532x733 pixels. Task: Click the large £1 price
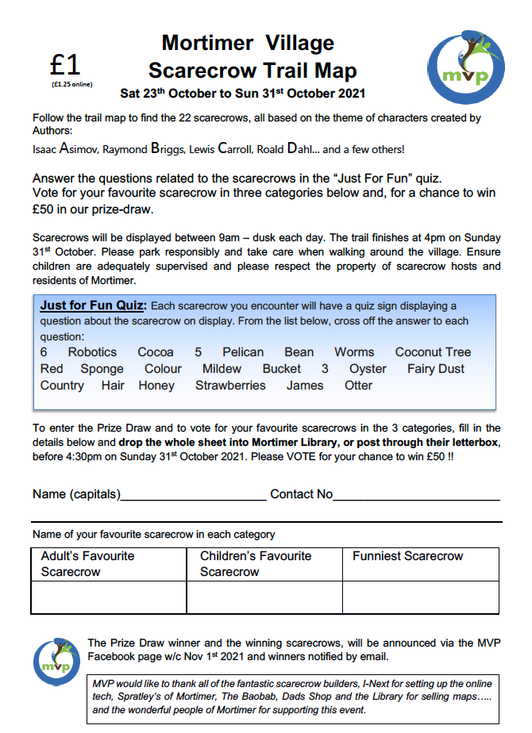(65, 64)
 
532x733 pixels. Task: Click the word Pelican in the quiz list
(242, 352)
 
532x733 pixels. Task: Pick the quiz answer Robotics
(92, 352)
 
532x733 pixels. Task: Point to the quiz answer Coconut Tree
(433, 352)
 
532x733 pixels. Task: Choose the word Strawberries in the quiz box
(230, 386)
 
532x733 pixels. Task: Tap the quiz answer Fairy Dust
(436, 369)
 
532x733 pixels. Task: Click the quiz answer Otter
(358, 386)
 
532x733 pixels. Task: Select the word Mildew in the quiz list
(222, 369)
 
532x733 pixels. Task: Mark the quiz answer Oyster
(368, 369)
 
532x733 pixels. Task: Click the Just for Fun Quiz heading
(93, 306)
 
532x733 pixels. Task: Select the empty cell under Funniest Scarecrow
(421, 597)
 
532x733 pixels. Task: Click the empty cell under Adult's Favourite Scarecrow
(109, 597)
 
